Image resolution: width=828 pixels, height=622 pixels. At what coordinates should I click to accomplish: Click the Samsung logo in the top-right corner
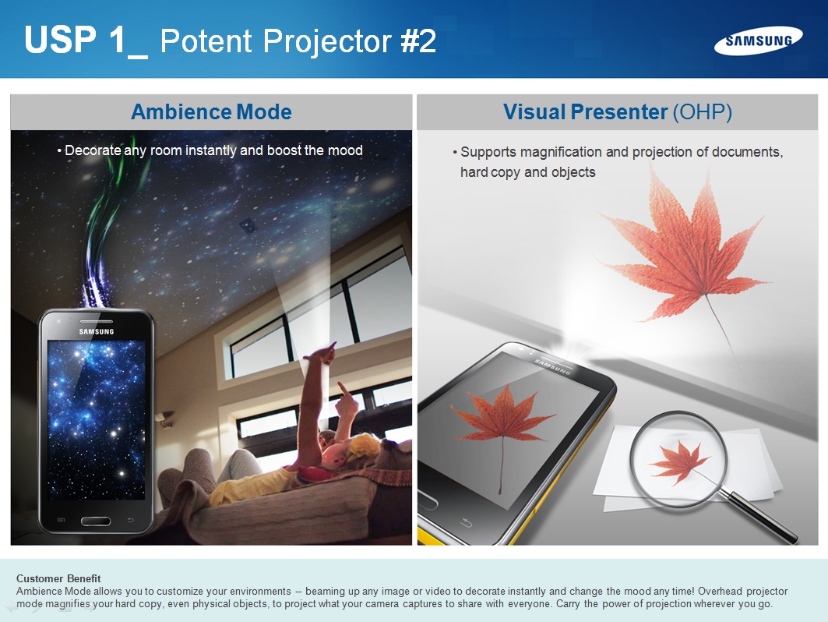[x=759, y=41]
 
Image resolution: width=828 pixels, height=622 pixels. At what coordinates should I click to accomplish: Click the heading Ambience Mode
[x=211, y=112]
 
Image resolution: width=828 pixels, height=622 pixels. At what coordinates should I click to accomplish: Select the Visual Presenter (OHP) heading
[x=618, y=112]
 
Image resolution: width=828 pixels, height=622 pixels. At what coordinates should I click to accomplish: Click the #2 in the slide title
[x=418, y=41]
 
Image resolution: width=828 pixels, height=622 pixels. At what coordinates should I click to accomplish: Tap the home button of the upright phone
[x=96, y=521]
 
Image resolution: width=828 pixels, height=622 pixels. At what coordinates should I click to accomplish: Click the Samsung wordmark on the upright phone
[x=97, y=332]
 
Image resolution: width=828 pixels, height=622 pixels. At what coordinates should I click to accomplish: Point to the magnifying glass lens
[x=678, y=458]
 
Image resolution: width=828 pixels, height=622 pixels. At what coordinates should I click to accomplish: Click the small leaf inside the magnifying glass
[x=679, y=461]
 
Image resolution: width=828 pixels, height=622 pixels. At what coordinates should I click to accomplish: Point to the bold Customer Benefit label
[x=58, y=578]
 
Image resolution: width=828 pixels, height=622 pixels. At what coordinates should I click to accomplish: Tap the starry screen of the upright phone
[x=96, y=419]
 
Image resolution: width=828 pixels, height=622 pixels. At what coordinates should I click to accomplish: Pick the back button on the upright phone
[x=130, y=521]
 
